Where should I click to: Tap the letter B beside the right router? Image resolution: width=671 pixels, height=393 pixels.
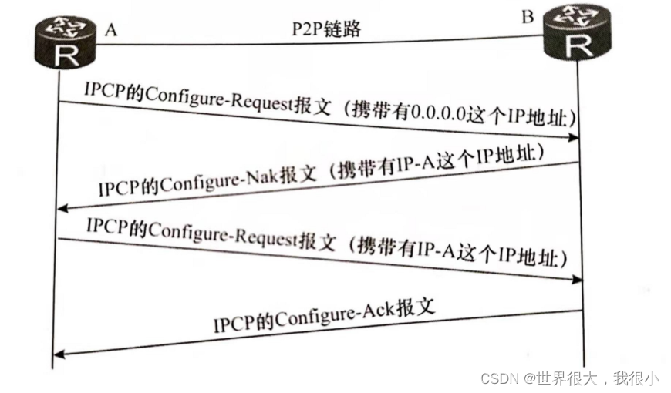(528, 16)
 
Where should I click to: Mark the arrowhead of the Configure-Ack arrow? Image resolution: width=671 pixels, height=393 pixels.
(59, 354)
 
